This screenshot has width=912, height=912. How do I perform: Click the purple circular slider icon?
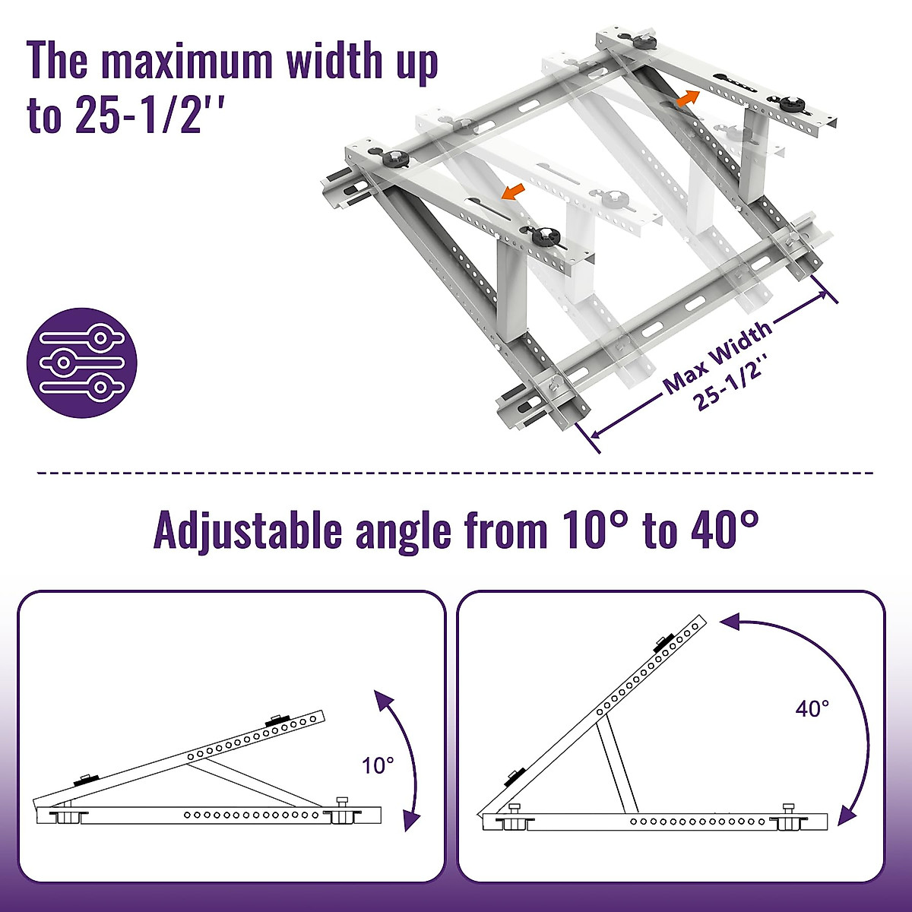[82, 363]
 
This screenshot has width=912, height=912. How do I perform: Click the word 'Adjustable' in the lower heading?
[249, 530]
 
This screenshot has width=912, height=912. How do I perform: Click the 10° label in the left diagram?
[378, 765]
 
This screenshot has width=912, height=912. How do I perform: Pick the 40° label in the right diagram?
[812, 709]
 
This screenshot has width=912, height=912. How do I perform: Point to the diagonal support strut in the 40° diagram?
[616, 765]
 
